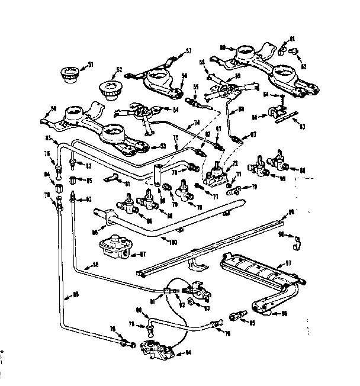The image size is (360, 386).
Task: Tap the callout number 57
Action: coord(188,51)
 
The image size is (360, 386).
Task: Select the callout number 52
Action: coord(119,69)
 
